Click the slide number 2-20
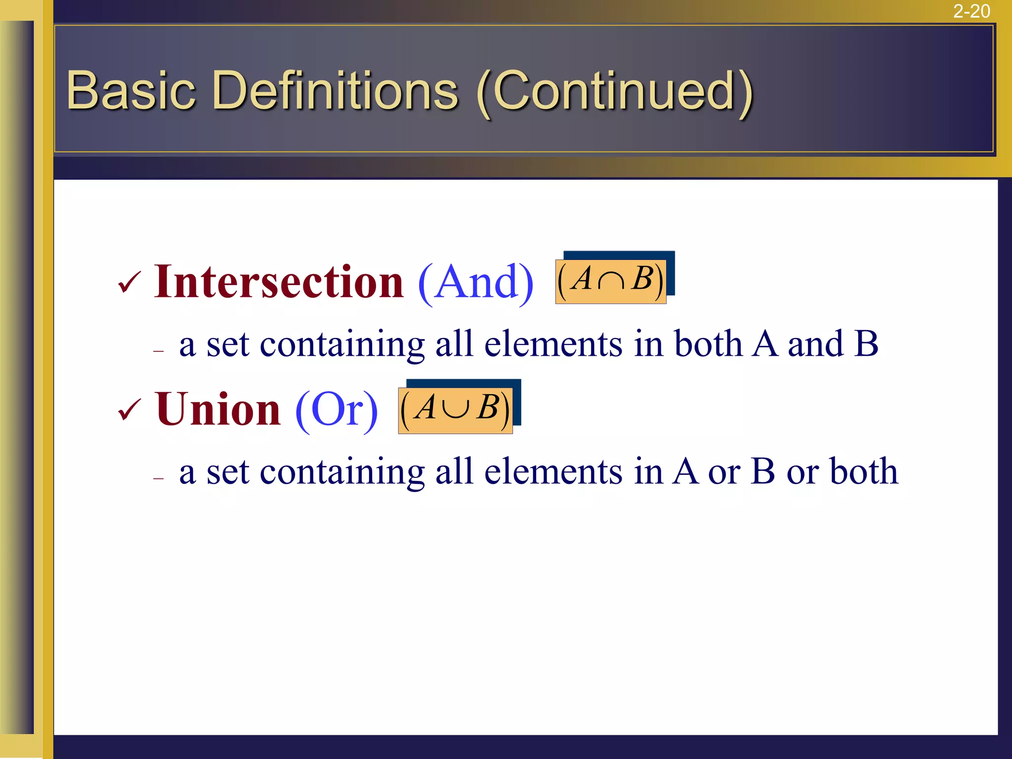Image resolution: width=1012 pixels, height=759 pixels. point(971,11)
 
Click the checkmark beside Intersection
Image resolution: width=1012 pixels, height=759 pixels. point(129,283)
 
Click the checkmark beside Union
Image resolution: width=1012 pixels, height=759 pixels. point(129,411)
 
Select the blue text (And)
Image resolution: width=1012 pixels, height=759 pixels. point(475,283)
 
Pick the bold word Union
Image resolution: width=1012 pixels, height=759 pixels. point(218,409)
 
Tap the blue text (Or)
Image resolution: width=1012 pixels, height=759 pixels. point(337,410)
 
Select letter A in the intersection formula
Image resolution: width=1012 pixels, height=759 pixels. point(582,278)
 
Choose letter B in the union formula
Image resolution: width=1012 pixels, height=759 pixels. point(488,408)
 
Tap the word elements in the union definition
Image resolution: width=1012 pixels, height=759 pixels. point(553,471)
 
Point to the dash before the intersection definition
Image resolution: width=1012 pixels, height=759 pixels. point(158,351)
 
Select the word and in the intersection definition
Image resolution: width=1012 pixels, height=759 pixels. point(815,343)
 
